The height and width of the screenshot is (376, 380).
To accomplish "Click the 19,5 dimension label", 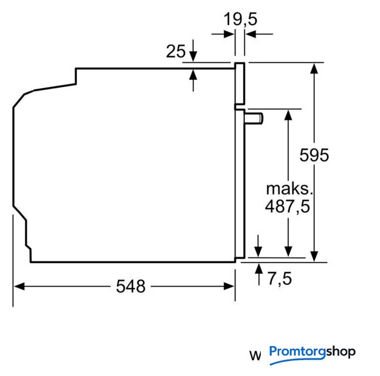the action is pos(240,19).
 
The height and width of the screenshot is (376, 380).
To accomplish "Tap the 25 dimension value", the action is pos(176,51).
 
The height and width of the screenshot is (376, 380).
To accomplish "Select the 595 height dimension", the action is pos(314,155).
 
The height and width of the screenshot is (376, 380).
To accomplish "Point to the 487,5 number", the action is pos(288,207).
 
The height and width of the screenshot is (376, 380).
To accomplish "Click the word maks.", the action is pos(290,189).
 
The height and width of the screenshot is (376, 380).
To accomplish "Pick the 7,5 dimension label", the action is pos(280,279).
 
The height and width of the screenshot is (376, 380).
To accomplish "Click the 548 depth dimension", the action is pos(130,286).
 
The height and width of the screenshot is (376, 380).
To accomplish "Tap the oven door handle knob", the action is pos(254,119).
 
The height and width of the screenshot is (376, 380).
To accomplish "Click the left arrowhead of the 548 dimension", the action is pos(19,286).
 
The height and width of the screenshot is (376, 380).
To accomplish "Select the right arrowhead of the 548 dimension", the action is pos(228,286).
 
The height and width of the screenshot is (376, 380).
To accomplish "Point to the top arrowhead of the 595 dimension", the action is pos(314,68).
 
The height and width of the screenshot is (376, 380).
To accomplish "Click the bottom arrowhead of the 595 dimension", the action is pos(314,257).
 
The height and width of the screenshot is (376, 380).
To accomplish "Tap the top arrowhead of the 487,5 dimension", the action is pos(288,115).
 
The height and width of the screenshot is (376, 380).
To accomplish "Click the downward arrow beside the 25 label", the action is pos(193,51).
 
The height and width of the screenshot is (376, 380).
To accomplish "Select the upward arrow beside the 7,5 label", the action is pos(259,274).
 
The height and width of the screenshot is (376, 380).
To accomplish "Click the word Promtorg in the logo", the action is pos(298,352).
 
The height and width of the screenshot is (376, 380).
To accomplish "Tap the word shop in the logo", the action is pos(341,351).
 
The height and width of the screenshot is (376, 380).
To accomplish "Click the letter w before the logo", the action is pos(255,355).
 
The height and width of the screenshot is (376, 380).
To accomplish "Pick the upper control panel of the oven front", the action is pos(240,83).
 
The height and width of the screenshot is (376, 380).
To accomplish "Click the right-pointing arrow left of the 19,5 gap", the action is pos(223,34).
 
